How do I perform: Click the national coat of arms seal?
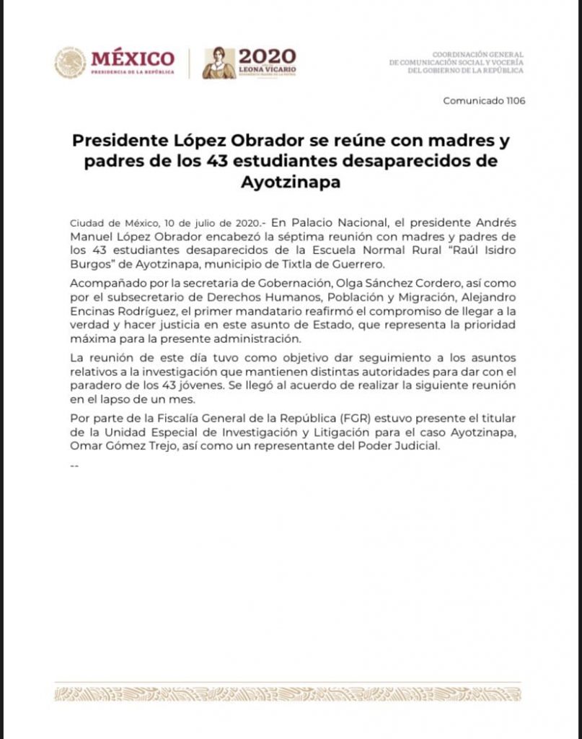pos(70,63)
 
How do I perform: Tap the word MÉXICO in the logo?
pos(133,58)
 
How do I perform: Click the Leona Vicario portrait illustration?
pos(219,63)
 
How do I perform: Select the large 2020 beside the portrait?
pos(267,56)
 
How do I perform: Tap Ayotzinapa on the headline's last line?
pos(291,182)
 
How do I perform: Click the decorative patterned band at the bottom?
pos(288,694)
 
